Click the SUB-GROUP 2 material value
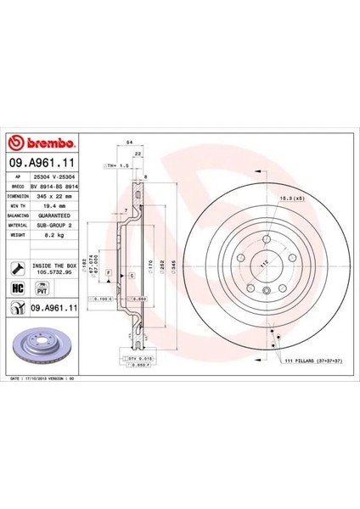click(61, 227)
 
